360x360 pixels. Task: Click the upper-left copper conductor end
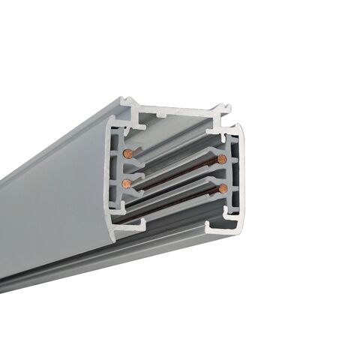[128, 153]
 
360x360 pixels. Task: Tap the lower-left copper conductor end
[127, 183]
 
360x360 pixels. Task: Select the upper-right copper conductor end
[221, 159]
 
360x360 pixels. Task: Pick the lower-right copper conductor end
[222, 188]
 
